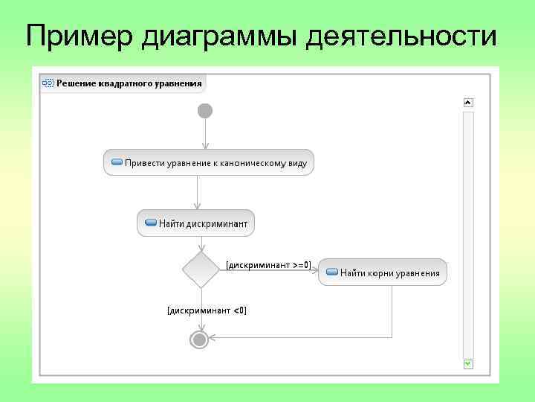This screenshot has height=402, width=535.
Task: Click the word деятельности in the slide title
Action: [402, 35]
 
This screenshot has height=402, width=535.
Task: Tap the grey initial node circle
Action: [205, 111]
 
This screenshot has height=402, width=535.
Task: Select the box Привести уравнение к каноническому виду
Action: [209, 162]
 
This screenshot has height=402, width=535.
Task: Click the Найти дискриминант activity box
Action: [196, 223]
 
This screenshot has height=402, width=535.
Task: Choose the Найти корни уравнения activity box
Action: [383, 272]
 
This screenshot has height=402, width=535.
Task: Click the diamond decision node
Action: [200, 269]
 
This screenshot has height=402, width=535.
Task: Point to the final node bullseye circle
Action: [199, 339]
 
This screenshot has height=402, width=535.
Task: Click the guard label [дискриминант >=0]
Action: [268, 264]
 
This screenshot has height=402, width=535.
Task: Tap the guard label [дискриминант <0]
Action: [207, 310]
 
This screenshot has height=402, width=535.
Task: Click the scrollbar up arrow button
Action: [468, 103]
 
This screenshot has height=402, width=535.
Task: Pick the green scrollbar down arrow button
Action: [468, 363]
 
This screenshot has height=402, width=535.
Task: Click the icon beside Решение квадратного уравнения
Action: [48, 83]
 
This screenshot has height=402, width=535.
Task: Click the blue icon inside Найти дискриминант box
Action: [150, 223]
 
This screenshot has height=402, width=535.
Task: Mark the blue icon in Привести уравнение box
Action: [117, 162]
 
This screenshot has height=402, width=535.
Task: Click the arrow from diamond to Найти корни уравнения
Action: [269, 270]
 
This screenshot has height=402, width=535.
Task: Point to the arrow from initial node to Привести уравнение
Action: [205, 134]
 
